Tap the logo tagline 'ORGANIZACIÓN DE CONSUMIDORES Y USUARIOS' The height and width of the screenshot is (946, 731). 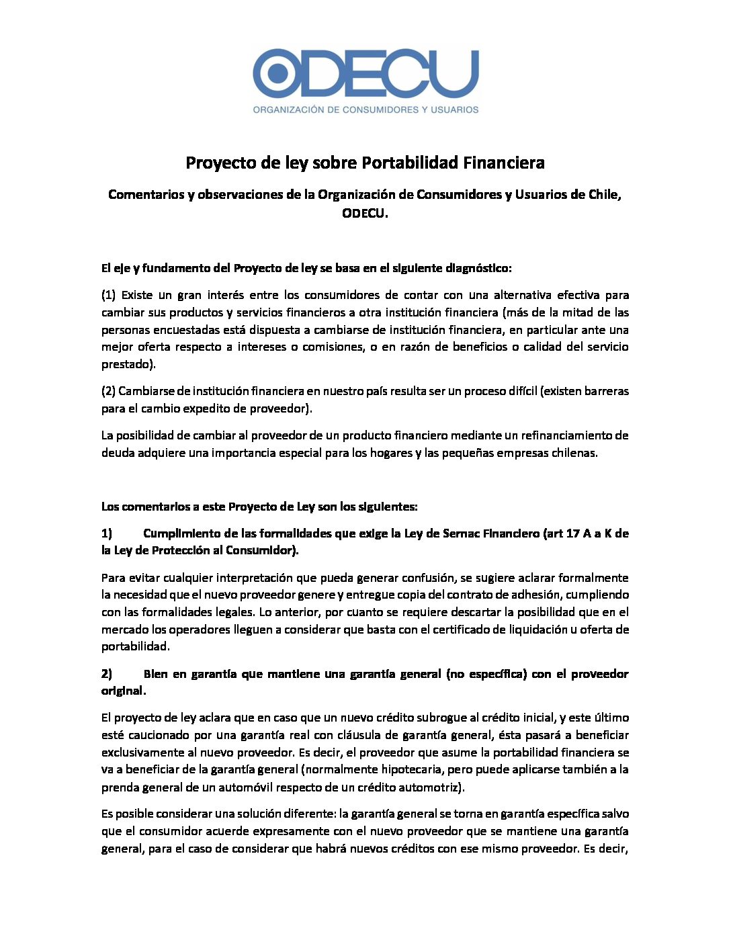[x=365, y=110]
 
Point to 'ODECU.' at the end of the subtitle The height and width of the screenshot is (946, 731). [x=365, y=213]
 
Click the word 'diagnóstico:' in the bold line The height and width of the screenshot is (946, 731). [x=478, y=268]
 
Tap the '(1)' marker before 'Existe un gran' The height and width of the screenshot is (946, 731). [x=109, y=295]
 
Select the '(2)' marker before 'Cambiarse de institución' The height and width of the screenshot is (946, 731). [x=109, y=391]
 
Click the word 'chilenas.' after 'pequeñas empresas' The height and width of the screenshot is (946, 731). [x=574, y=453]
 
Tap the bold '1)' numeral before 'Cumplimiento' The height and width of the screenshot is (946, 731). [x=107, y=533]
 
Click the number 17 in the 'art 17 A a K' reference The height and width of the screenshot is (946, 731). [x=573, y=533]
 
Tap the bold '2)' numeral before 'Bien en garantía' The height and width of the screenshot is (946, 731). [x=107, y=674]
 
